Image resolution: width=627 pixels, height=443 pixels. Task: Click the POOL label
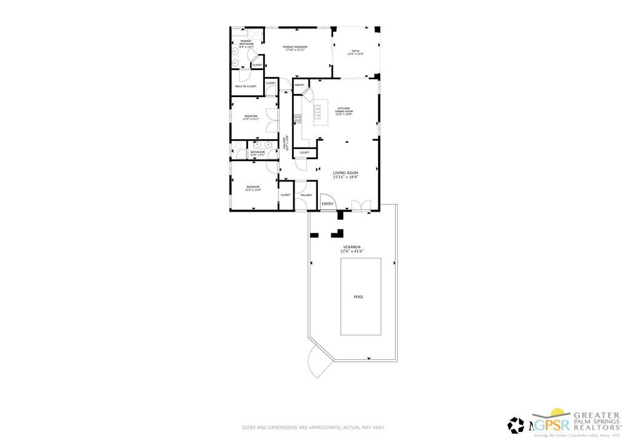[358, 297]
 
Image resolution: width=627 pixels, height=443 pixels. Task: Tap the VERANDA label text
[352, 247]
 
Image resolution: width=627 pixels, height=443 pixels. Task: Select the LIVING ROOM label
[346, 173]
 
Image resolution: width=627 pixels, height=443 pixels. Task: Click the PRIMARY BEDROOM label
[295, 47]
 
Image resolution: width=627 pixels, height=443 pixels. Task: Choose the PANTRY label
[299, 85]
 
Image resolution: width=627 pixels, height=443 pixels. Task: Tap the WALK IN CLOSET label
[246, 86]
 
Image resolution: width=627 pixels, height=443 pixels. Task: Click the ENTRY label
[327, 204]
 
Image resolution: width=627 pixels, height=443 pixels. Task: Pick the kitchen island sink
[318, 111]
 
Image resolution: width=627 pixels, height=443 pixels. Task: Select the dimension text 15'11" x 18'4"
[346, 177]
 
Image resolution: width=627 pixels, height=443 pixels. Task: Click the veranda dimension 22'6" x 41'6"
[352, 251]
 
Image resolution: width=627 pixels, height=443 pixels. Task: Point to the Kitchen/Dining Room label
[344, 111]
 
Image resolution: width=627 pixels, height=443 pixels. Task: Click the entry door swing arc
[327, 199]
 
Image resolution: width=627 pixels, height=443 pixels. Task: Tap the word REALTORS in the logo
[597, 426]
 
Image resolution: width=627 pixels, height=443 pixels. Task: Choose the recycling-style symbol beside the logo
[516, 425]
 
